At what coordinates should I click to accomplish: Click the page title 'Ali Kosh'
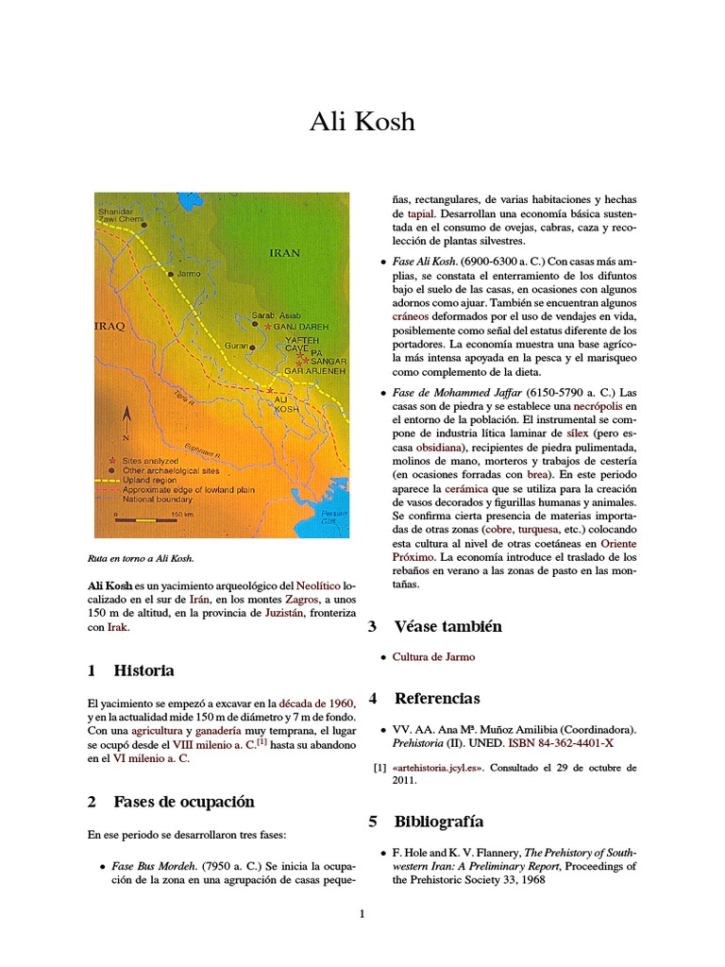(362, 124)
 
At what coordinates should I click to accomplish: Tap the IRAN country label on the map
(285, 253)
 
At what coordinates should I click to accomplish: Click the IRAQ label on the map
(110, 326)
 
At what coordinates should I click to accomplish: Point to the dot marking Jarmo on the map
(170, 274)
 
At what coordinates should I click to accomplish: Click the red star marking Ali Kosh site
(271, 389)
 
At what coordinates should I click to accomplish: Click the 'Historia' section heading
(143, 670)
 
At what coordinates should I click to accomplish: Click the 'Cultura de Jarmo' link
(433, 656)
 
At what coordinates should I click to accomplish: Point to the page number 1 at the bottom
(362, 913)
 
